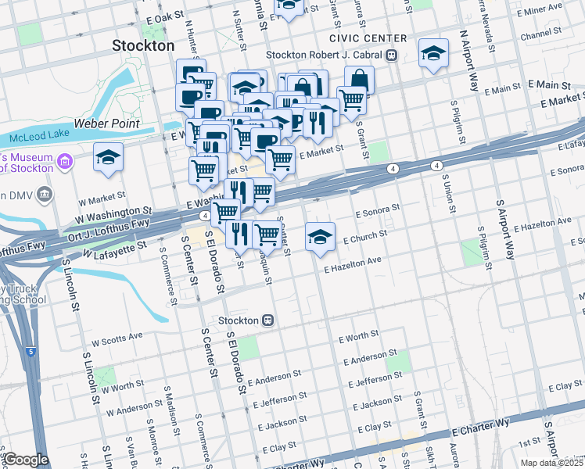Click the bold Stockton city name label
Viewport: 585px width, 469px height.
[143, 45]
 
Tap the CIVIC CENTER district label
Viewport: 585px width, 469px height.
[368, 38]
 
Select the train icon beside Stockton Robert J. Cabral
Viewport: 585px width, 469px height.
[389, 55]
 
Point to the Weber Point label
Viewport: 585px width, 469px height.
[106, 124]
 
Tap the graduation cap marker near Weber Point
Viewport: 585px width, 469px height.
[108, 158]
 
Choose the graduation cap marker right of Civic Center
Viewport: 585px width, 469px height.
[433, 53]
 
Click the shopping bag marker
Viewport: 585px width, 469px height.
[359, 79]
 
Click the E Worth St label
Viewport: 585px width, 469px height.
[358, 336]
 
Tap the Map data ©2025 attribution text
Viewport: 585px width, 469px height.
[552, 463]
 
